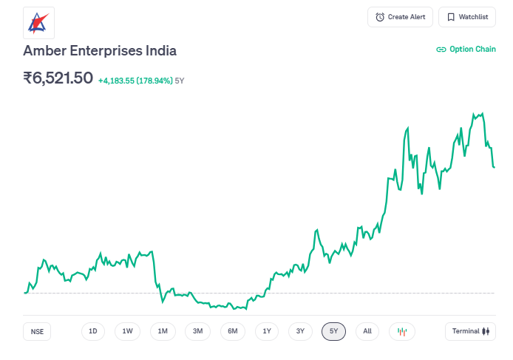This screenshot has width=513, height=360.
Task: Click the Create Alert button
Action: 400,17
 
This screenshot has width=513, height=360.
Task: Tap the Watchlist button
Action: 467,17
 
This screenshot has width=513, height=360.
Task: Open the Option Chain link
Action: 466,50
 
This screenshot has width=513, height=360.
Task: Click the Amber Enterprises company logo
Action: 38,23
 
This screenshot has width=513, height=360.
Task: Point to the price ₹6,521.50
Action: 58,78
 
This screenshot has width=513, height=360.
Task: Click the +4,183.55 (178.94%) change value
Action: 135,80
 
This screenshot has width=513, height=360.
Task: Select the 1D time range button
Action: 93,331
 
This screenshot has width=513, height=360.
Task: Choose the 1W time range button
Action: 127,331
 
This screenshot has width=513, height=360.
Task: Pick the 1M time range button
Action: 163,331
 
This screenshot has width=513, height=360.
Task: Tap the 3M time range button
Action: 197,331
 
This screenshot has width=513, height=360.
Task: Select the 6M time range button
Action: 232,331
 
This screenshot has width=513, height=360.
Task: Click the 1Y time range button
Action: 267,331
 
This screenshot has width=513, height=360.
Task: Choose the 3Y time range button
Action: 300,331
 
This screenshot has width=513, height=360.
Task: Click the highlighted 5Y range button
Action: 333,331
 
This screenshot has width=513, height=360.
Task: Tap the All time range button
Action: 367,331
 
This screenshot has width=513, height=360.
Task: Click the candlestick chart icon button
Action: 402,331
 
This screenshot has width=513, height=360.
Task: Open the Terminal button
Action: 470,331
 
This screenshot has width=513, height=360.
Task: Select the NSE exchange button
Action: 37,332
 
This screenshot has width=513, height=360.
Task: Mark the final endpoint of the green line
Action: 494,167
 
